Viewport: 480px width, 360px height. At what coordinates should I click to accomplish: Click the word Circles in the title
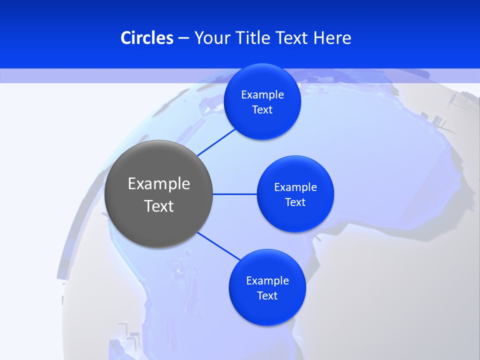tap(147, 38)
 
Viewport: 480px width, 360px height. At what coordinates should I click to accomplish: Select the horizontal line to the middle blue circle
tap(235, 194)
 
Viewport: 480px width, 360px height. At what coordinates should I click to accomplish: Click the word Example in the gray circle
tap(159, 184)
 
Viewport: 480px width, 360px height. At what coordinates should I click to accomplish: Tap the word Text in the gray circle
tap(159, 206)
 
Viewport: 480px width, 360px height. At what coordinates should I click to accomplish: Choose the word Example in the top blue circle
tap(262, 95)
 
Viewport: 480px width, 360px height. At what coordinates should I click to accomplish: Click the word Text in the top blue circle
tap(262, 110)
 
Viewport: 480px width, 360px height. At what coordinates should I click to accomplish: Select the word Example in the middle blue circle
tap(295, 187)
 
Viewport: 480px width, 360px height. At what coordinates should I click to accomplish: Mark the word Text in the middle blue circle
tap(295, 202)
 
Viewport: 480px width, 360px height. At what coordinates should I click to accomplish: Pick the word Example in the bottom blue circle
tap(267, 281)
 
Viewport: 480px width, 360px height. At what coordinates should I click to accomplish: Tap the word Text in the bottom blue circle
tap(267, 296)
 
